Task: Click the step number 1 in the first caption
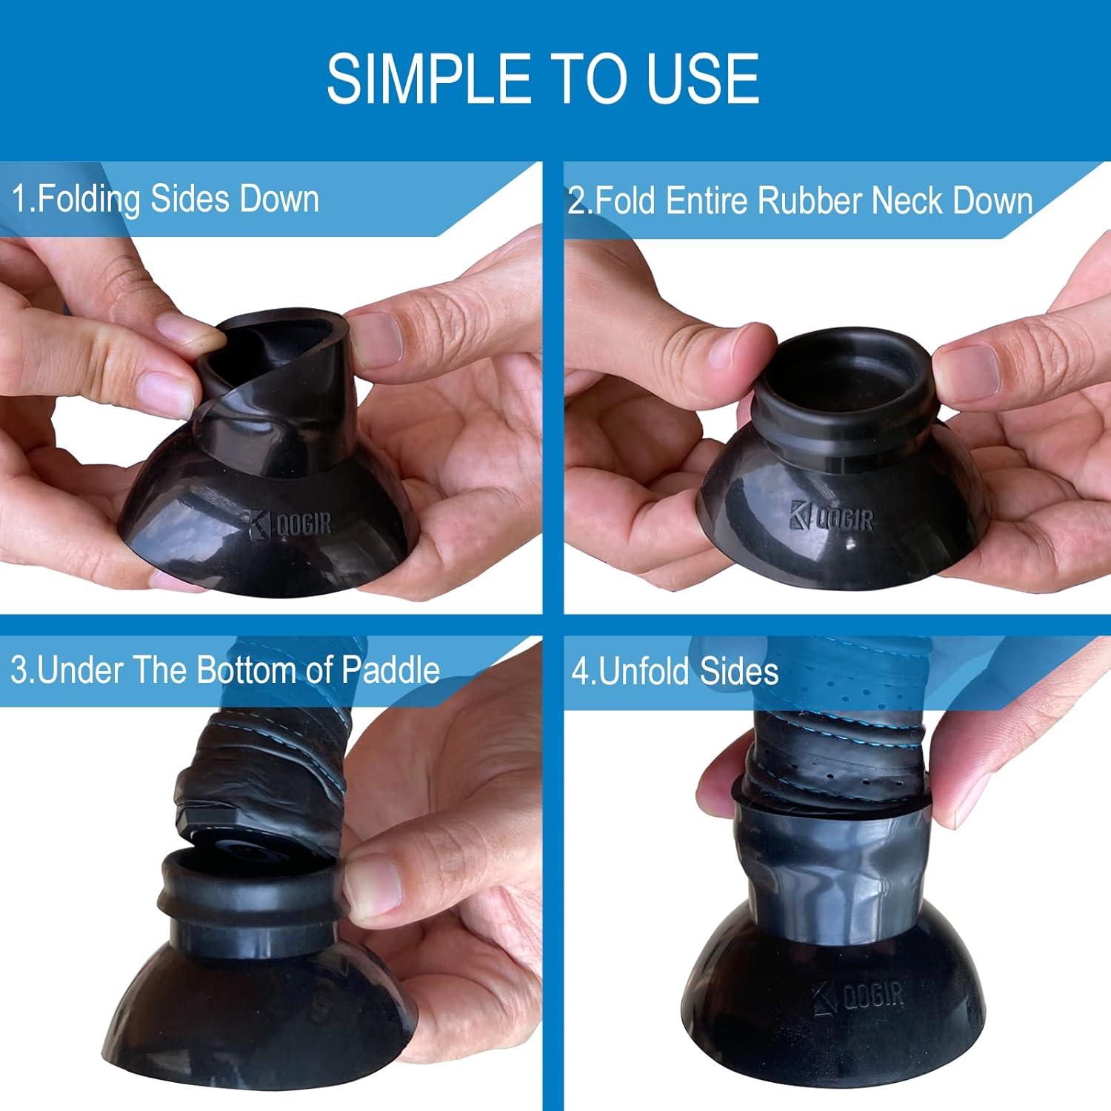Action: [x=21, y=199]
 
